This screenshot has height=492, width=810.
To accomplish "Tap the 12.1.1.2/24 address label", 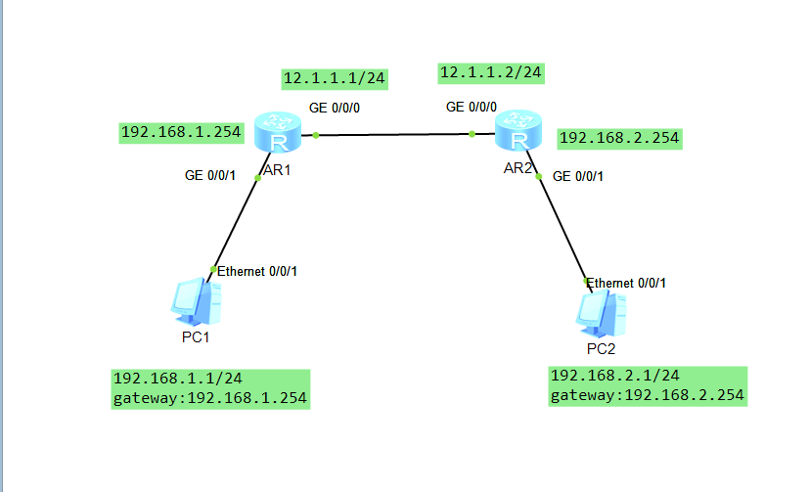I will [x=491, y=72].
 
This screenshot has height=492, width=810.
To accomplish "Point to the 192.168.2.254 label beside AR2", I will [x=618, y=139].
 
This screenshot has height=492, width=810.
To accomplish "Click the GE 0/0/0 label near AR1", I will [x=335, y=109].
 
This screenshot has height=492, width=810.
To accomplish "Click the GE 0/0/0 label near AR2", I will [x=472, y=108].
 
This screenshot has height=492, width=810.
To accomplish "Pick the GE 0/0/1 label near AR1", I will [x=210, y=176].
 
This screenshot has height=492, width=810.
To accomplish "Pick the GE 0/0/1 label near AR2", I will [x=578, y=177].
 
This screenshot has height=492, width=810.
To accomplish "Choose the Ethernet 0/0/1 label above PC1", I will [x=256, y=271].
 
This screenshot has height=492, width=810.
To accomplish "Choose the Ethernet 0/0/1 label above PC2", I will [x=626, y=283].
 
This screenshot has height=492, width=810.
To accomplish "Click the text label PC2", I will [x=602, y=348].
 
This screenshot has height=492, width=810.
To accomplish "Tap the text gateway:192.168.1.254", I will [x=210, y=398].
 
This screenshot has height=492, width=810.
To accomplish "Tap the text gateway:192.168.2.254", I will [x=648, y=395].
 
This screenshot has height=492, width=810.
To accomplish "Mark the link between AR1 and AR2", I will [x=394, y=135].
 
